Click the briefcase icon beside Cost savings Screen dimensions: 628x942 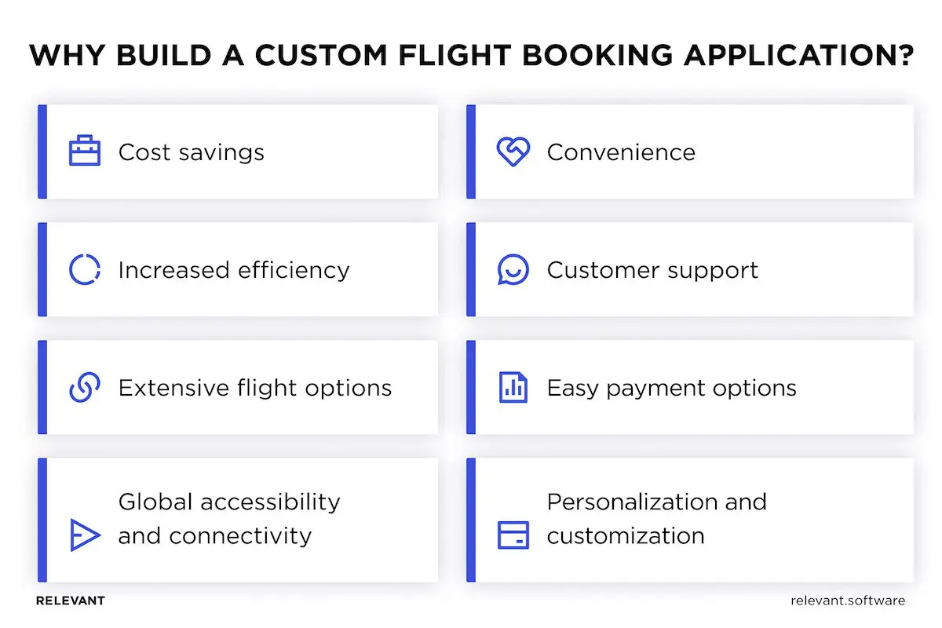coord(85,151)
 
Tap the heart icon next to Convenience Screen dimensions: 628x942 coord(513,152)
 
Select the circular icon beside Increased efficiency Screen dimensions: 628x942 coord(85,269)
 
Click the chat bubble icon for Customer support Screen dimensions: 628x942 coord(513,269)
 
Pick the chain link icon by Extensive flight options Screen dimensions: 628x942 coord(85,387)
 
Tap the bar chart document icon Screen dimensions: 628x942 coord(513,387)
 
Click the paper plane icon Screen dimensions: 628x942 coord(85,535)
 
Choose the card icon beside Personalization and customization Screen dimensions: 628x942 coord(513,535)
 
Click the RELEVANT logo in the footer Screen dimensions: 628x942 coord(71,601)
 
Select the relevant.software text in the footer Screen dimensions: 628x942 coord(848,601)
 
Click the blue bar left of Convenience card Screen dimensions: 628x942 coord(471,152)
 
